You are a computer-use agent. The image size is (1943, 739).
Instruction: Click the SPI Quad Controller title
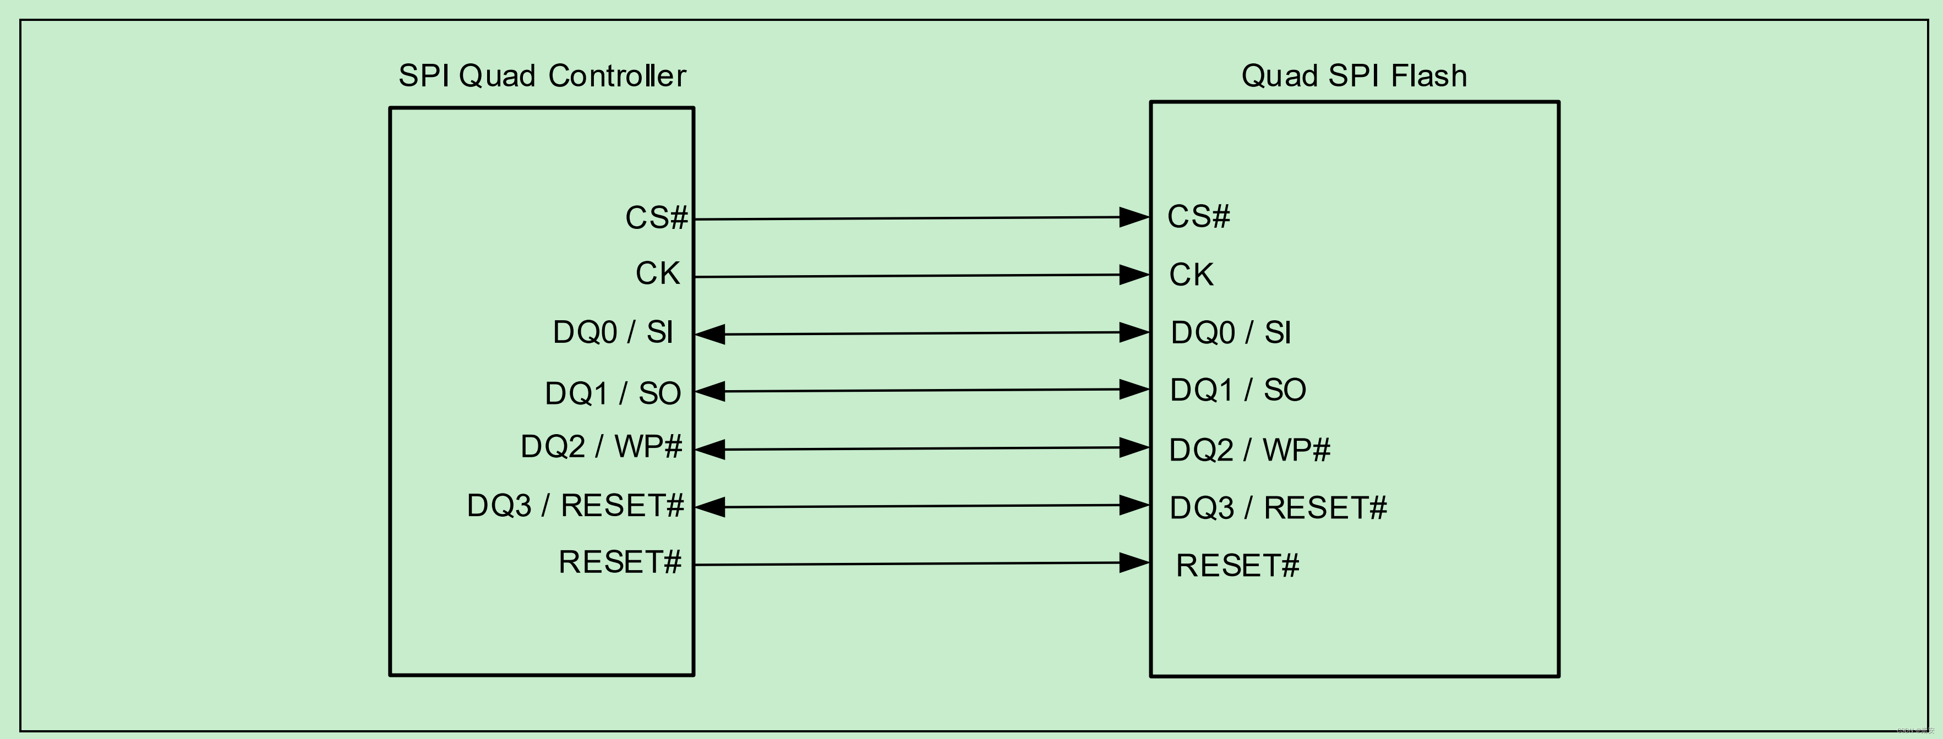point(542,76)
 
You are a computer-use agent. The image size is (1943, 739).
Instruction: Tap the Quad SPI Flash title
point(1354,76)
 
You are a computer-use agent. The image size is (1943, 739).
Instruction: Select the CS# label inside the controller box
point(656,218)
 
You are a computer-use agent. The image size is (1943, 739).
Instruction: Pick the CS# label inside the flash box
point(1198,216)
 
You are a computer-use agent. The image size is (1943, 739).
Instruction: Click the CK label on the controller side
point(658,273)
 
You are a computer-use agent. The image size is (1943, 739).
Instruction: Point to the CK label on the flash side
point(1191,275)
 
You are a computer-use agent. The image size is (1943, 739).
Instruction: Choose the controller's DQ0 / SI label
point(613,332)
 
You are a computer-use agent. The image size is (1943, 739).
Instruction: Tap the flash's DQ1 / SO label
point(1238,390)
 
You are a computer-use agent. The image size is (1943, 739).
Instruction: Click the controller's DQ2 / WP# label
point(601,446)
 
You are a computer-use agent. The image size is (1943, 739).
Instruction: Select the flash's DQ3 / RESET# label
point(1278,507)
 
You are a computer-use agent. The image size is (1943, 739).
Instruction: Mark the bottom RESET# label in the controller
point(620,562)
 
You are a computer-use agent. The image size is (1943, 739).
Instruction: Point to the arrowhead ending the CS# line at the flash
point(1134,217)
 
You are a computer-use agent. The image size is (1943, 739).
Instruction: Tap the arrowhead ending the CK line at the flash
point(1134,275)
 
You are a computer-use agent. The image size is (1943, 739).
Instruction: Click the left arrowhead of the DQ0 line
point(709,334)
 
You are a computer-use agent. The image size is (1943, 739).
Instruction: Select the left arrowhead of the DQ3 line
point(709,507)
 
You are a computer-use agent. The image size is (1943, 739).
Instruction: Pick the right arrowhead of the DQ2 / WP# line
point(1134,448)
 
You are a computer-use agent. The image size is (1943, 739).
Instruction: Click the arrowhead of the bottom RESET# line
point(1134,562)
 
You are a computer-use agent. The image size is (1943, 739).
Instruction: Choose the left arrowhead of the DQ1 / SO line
point(709,391)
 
